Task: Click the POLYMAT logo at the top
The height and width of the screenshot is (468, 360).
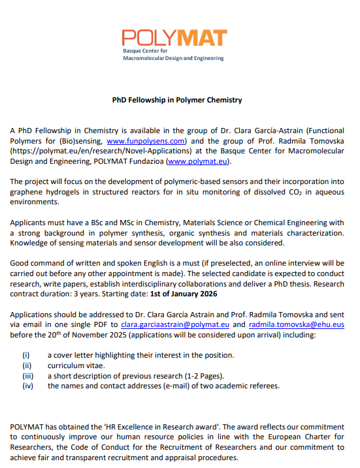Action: tap(174, 40)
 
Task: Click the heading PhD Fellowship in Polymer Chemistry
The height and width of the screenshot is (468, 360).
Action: tap(176, 101)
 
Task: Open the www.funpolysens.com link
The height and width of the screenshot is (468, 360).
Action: tap(147, 140)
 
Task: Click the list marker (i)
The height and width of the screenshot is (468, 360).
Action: tap(27, 355)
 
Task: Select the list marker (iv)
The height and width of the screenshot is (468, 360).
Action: tap(27, 386)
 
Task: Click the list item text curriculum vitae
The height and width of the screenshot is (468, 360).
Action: tap(76, 366)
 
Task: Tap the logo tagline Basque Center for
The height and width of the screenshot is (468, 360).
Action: tap(146, 50)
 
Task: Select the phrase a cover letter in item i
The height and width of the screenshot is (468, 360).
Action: tap(71, 355)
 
